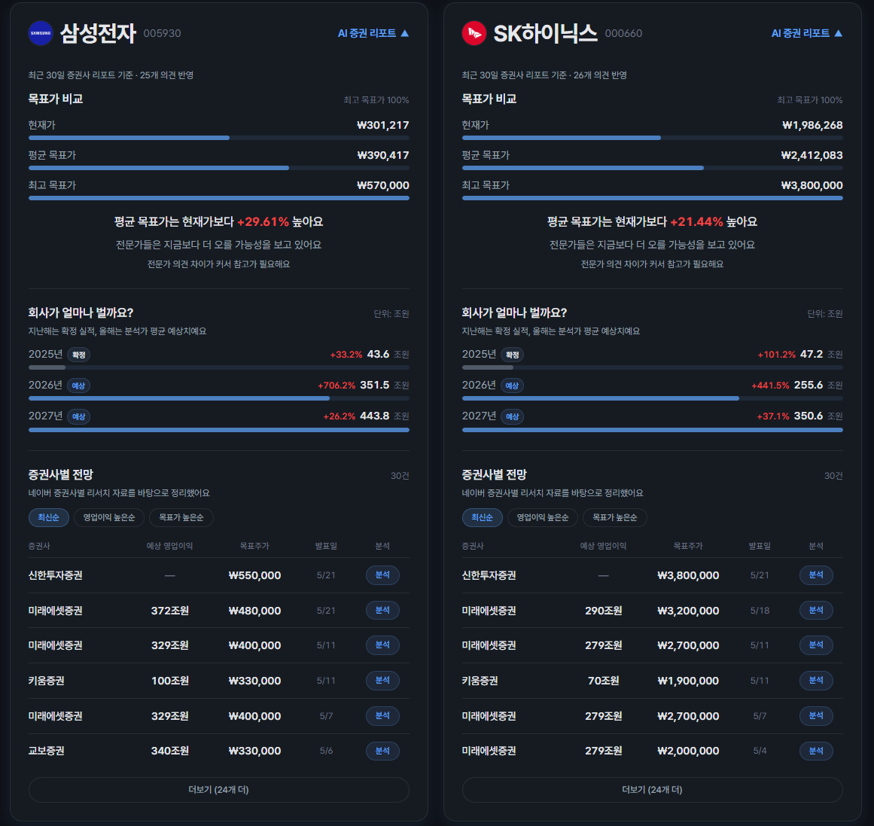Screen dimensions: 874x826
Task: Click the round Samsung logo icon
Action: pyautogui.click(x=40, y=33)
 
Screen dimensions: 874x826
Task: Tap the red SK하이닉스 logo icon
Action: pyautogui.click(x=474, y=33)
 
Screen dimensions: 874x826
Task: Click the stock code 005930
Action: pyautogui.click(x=162, y=33)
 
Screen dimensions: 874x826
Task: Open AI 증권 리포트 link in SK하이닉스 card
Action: pyautogui.click(x=806, y=33)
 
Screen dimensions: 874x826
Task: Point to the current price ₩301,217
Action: pyautogui.click(x=383, y=126)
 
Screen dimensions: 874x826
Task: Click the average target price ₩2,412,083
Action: pyautogui.click(x=812, y=156)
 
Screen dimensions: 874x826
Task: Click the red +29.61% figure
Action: pyautogui.click(x=263, y=222)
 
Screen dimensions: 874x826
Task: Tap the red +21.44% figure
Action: pyautogui.click(x=696, y=222)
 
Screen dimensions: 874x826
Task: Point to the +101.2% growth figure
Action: pyautogui.click(x=776, y=355)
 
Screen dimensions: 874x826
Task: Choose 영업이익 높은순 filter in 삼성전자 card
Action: pyautogui.click(x=109, y=517)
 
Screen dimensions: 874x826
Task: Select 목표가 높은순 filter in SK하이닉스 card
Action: pyautogui.click(x=615, y=517)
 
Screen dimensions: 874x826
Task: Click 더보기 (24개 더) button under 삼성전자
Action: pyautogui.click(x=218, y=790)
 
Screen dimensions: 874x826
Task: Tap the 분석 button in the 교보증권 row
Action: pyautogui.click(x=382, y=751)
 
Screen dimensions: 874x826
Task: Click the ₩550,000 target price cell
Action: pyautogui.click(x=254, y=575)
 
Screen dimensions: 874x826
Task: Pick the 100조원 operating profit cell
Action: pyautogui.click(x=170, y=681)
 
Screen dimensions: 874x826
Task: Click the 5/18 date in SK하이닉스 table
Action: pyautogui.click(x=760, y=611)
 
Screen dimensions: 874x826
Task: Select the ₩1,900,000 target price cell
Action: pyautogui.click(x=688, y=681)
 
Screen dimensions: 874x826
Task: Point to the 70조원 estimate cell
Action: pyautogui.click(x=604, y=681)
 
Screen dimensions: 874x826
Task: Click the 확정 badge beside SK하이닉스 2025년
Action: pyautogui.click(x=512, y=355)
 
